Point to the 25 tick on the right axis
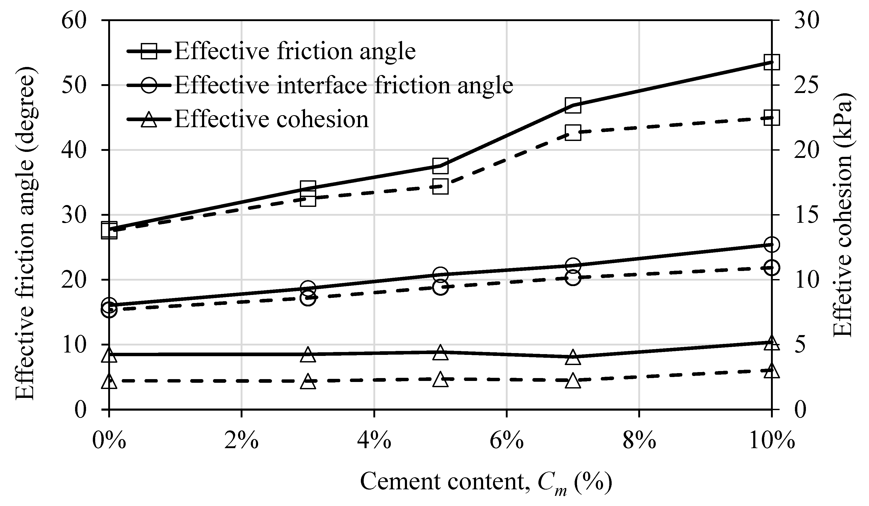tap(807, 85)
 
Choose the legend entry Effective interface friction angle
tap(343, 85)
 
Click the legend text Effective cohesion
tap(271, 119)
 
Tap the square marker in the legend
tap(149, 51)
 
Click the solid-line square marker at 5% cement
tap(440, 166)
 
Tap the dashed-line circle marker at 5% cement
tap(440, 287)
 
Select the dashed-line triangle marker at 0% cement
tap(109, 381)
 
